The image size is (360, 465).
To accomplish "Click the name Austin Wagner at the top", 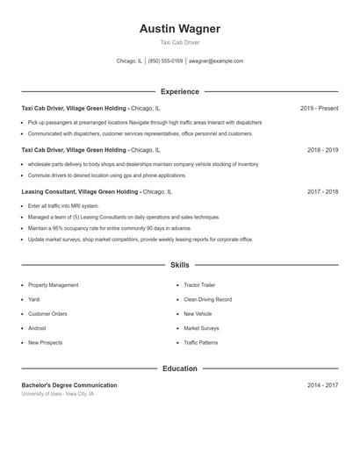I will click(179, 29).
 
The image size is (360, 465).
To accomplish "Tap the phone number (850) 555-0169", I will click(165, 61).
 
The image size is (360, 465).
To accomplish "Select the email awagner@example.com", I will click(216, 61).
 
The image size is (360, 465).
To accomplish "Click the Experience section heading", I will click(179, 91).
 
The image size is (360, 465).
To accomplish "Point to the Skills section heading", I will click(179, 264).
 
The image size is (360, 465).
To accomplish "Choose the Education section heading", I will click(179, 368).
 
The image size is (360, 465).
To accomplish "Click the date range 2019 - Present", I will click(319, 108).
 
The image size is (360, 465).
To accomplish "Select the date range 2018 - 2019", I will click(322, 150).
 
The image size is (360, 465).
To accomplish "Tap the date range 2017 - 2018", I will click(322, 191).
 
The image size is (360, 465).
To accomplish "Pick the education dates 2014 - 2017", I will click(322, 385).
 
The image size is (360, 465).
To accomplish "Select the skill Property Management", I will click(53, 285).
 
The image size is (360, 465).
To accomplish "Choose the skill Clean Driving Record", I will click(207, 299).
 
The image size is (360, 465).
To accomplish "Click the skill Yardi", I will click(35, 299).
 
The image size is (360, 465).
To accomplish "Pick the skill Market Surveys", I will click(201, 328).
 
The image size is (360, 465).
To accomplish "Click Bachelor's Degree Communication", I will click(68, 385).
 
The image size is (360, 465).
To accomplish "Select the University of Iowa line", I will click(58, 394).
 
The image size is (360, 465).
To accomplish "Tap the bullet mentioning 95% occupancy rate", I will click(109, 227).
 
